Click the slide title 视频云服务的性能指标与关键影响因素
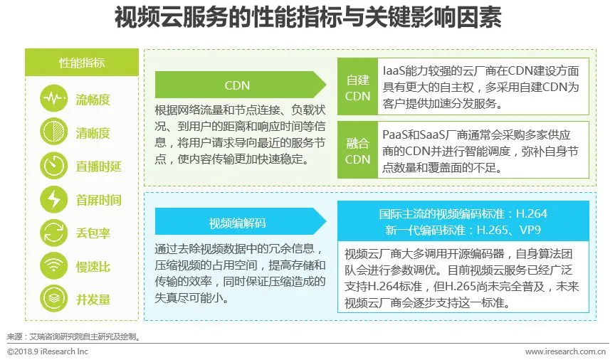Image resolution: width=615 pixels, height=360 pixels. [x=307, y=18]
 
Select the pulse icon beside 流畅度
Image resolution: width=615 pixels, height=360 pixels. [x=54, y=99]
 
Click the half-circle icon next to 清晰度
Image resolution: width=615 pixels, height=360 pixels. [x=54, y=132]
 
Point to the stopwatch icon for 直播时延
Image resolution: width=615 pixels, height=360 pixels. [x=54, y=166]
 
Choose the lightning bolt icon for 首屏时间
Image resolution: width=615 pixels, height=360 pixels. [x=54, y=199]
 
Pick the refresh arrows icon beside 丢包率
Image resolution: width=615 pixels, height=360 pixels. [x=54, y=233]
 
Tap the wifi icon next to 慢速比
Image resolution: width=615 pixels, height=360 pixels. [x=54, y=265]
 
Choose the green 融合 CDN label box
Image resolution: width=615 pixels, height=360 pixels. [x=357, y=151]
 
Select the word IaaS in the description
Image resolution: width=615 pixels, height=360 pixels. [x=396, y=70]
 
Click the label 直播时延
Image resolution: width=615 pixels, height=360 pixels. [x=99, y=166]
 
